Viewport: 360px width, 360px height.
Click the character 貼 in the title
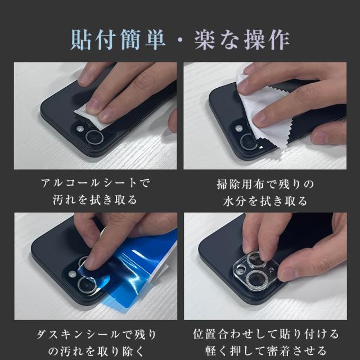point(80,40)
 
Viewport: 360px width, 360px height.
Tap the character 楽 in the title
point(205,40)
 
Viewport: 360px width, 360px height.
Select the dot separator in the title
point(180,40)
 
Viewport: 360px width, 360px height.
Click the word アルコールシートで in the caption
point(95,183)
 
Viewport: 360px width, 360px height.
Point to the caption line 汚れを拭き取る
point(95,200)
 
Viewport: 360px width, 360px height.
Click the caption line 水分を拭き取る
point(265,201)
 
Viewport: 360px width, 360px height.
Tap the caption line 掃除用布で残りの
point(265,184)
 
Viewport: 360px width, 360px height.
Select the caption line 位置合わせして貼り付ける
point(265,334)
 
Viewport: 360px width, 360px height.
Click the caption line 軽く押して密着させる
point(265,350)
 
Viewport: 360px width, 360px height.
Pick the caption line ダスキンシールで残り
point(96,335)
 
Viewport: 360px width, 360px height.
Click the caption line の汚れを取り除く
point(96,351)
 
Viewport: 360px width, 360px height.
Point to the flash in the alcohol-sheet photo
point(80,129)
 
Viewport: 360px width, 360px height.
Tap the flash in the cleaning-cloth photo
point(239,128)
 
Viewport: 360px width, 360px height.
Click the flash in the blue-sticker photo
point(73,274)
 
